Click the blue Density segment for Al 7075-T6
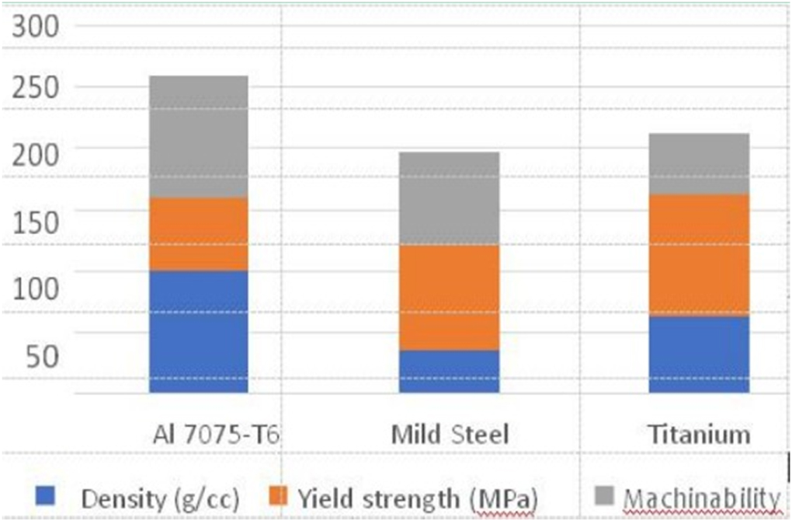(199, 331)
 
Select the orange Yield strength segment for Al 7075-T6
(199, 234)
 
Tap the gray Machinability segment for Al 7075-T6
(199, 137)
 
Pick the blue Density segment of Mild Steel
(449, 372)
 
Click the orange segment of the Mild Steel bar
(449, 298)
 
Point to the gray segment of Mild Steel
(449, 198)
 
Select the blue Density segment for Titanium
(700, 354)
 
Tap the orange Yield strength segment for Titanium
(700, 255)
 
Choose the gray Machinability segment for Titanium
(700, 164)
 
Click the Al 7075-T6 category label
(214, 434)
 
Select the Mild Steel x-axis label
(450, 434)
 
